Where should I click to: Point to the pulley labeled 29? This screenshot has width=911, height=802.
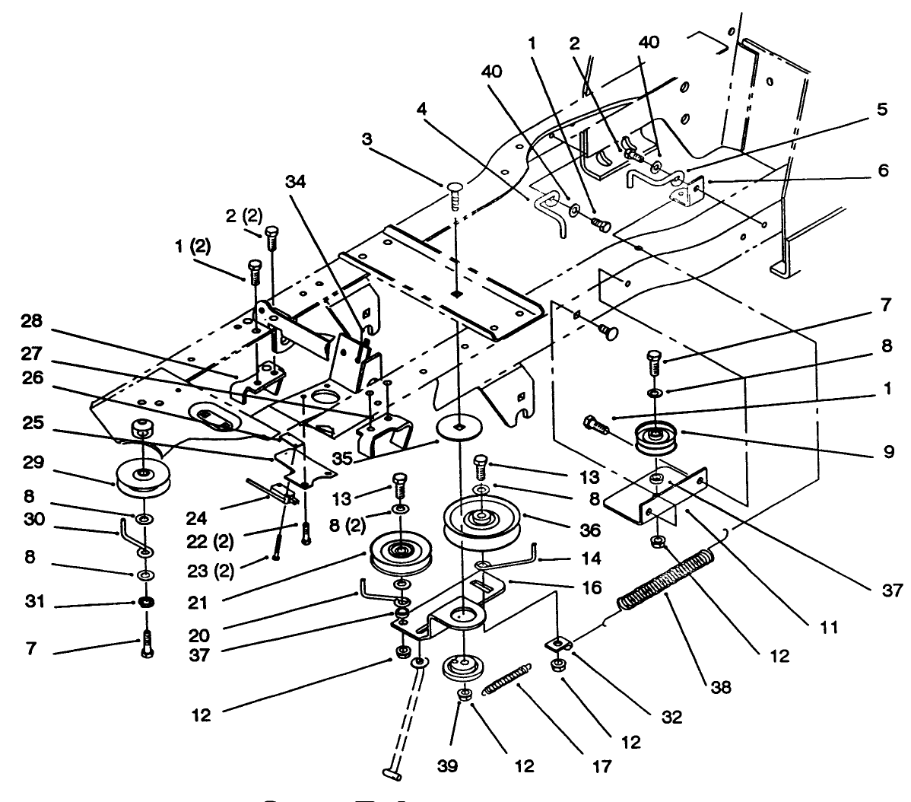[x=141, y=478]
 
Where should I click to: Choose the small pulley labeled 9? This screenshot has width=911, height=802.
[x=659, y=441]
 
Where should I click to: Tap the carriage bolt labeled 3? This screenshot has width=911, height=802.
[x=455, y=194]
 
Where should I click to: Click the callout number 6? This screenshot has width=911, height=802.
[x=881, y=171]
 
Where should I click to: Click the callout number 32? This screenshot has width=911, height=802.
[x=672, y=716]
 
